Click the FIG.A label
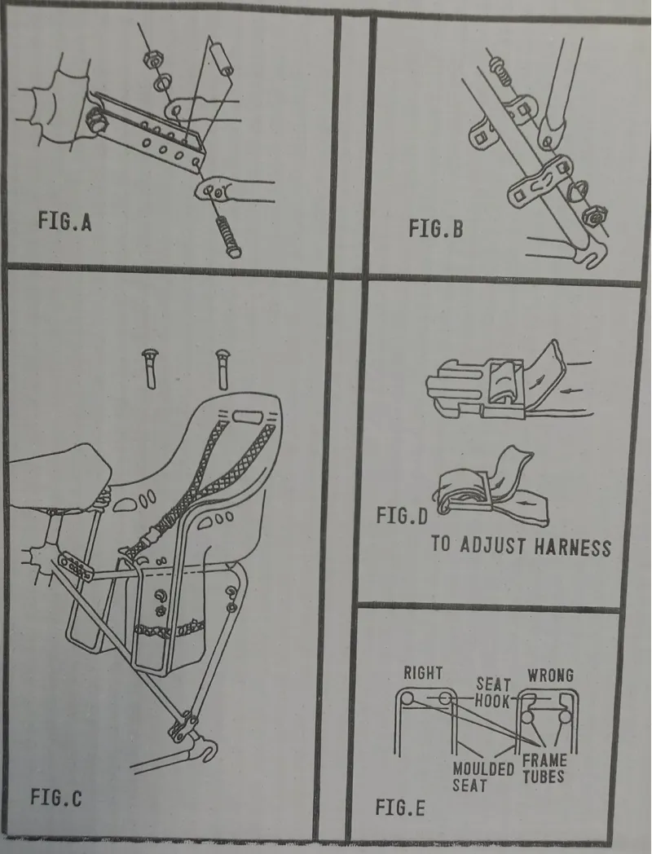click(64, 222)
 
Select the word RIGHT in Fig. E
click(422, 674)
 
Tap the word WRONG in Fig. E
click(550, 675)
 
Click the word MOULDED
click(482, 768)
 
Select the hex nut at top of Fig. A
click(150, 59)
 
